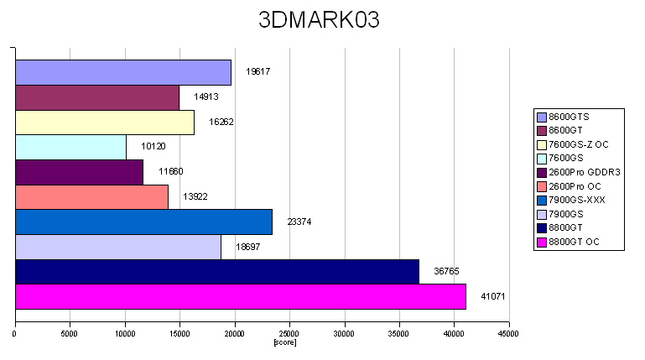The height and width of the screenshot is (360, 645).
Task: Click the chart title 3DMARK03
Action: tap(319, 20)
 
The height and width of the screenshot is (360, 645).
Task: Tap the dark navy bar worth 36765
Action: tap(217, 272)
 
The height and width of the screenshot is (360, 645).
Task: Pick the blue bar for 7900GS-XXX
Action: tap(143, 222)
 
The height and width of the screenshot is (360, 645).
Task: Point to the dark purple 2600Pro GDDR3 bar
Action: tap(79, 173)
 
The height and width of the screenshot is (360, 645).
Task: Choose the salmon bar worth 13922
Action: tap(91, 197)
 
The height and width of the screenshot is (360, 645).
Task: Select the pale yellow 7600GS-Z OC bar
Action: tap(105, 123)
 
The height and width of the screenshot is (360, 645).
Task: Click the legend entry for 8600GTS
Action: tap(570, 116)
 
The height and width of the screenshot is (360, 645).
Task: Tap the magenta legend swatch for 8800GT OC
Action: tap(542, 243)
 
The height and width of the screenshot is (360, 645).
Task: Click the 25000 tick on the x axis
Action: tap(289, 333)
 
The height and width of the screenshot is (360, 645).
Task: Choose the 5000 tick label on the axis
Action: tap(70, 333)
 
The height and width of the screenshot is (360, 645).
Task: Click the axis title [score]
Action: tap(285, 342)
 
